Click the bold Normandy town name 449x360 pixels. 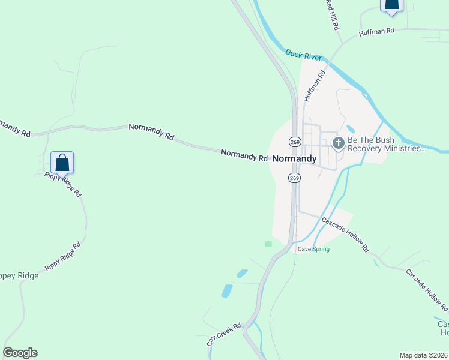pyautogui.click(x=294, y=159)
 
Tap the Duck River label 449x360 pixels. pyautogui.click(x=303, y=55)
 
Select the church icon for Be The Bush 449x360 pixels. pyautogui.click(x=338, y=142)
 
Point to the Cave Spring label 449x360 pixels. pyautogui.click(x=313, y=249)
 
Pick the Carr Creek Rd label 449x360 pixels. pyautogui.click(x=224, y=334)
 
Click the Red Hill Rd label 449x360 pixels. pyautogui.click(x=332, y=15)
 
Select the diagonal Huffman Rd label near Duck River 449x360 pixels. pyautogui.click(x=314, y=86)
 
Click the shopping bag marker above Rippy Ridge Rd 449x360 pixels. pyautogui.click(x=62, y=162)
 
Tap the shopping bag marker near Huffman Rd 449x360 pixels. pyautogui.click(x=391, y=4)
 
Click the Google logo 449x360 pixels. pyautogui.click(x=20, y=353)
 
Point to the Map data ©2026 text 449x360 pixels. pyautogui.click(x=423, y=355)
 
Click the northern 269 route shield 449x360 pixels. pyautogui.click(x=294, y=142)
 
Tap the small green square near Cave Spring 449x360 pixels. pyautogui.click(x=268, y=244)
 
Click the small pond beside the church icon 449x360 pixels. pyautogui.click(x=350, y=129)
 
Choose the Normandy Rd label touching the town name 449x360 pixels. pyautogui.click(x=244, y=155)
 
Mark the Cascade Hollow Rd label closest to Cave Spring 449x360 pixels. pyautogui.click(x=345, y=234)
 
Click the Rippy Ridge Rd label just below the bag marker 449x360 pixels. pyautogui.click(x=62, y=186)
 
